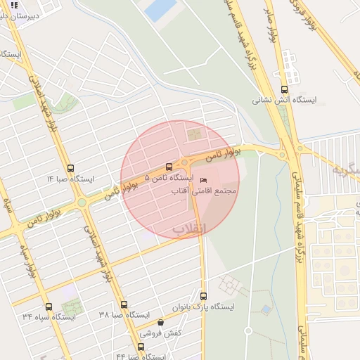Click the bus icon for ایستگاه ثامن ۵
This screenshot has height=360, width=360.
(168, 167)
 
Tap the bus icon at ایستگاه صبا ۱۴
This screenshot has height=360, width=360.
(70, 168)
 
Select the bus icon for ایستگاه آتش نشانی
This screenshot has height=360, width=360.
(284, 89)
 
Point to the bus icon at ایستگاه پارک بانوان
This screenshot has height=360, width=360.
(204, 296)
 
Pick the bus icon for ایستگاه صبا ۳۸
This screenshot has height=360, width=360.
(124, 304)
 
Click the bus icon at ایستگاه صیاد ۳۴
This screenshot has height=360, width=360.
(49, 307)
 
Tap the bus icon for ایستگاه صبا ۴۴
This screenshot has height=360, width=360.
(141, 346)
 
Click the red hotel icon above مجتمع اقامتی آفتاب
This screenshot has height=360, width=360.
(205, 180)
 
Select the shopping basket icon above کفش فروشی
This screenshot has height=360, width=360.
(160, 322)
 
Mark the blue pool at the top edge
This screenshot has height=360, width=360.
(161, 9)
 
